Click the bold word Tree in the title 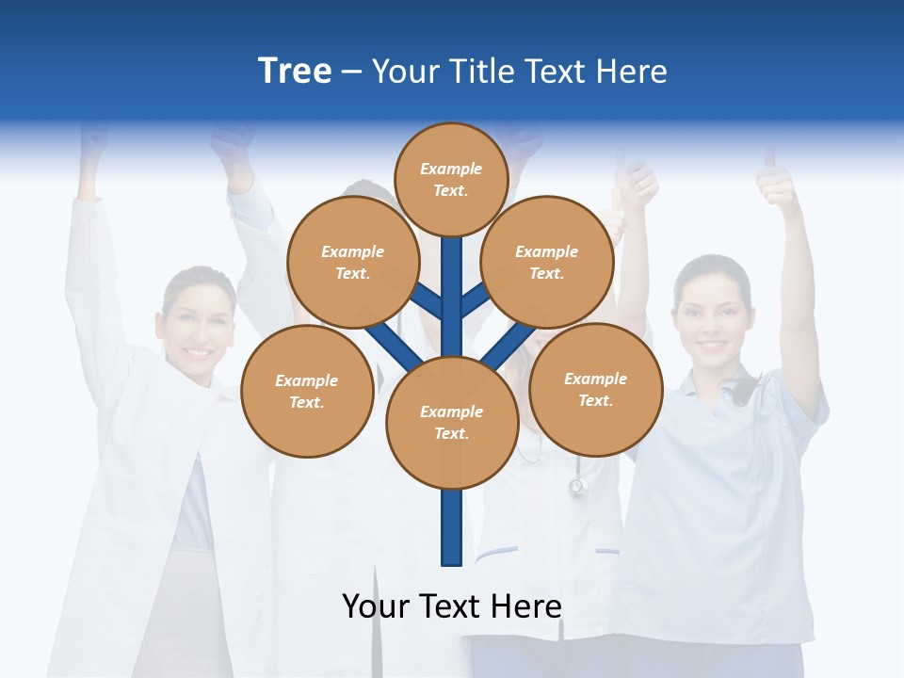(x=295, y=72)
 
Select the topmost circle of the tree (x=451, y=179)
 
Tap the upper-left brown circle (x=353, y=263)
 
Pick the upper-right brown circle (x=547, y=263)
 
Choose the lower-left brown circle (x=307, y=391)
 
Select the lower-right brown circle (x=596, y=389)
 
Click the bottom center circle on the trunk (x=452, y=423)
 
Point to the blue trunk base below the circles (x=452, y=527)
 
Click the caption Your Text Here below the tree (x=452, y=606)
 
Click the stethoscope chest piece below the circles (x=578, y=487)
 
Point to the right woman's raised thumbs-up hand (x=778, y=184)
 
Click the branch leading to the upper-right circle (x=475, y=300)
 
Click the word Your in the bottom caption (x=377, y=606)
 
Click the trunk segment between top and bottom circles (x=452, y=292)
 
